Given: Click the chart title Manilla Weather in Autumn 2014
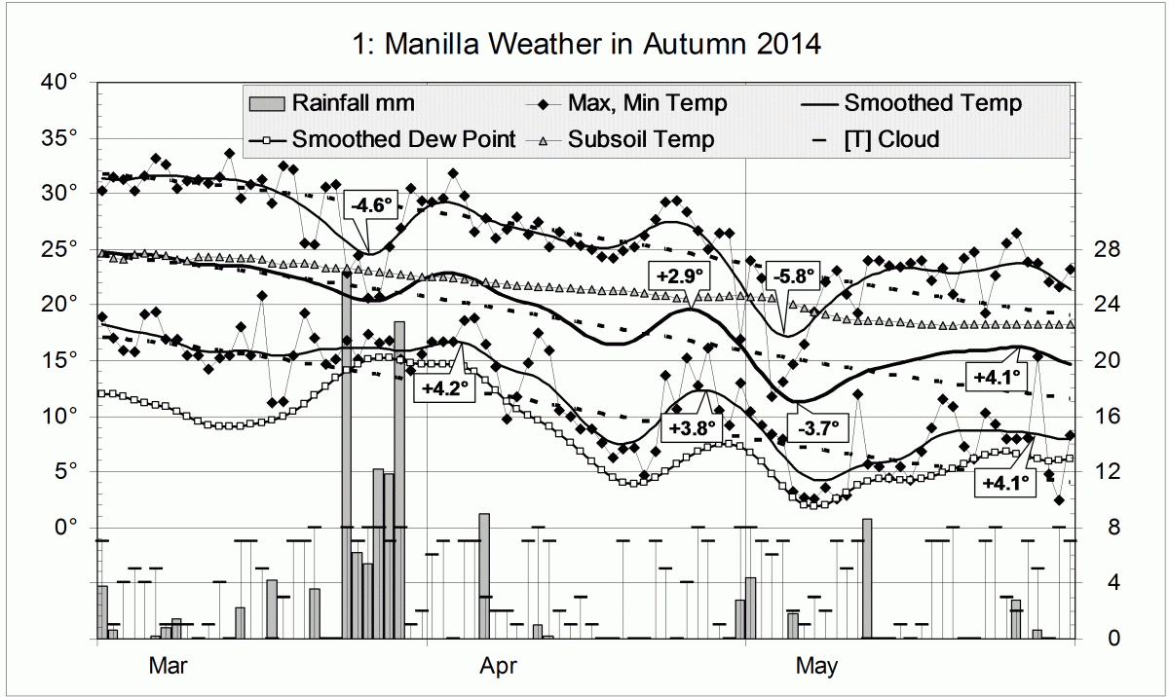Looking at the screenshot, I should tap(584, 44).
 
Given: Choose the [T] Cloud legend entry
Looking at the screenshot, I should tap(890, 139).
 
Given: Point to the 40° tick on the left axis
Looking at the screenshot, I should tap(59, 82).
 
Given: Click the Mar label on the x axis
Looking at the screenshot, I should tap(167, 667).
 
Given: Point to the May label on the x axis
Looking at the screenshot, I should tap(816, 667).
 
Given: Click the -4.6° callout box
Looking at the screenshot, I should tap(370, 205).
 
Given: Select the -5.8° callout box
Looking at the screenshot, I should tap(791, 275).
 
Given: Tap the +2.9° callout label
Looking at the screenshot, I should tap(679, 275).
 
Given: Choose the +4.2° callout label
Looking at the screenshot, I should tap(445, 387).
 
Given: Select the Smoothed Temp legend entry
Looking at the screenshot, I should tap(932, 102).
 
